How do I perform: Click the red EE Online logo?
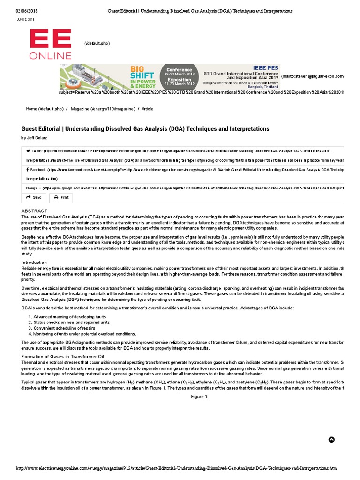click(51, 45)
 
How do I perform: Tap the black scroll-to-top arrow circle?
click(331, 439)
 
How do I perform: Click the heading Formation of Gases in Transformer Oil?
click(63, 357)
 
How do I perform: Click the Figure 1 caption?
click(198, 397)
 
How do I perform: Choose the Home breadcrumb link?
click(45, 109)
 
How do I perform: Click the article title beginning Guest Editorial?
click(145, 128)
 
